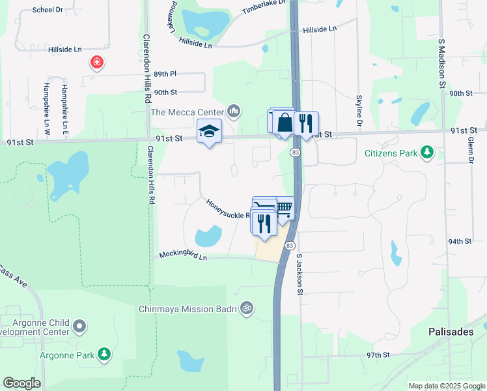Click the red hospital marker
pyautogui.click(x=97, y=63)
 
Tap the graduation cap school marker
pyautogui.click(x=209, y=132)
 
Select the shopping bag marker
pyautogui.click(x=285, y=122)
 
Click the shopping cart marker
pyautogui.click(x=283, y=208)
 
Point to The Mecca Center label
pyautogui.click(x=188, y=112)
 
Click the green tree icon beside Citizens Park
pyautogui.click(x=427, y=152)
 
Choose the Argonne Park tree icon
pyautogui.click(x=104, y=355)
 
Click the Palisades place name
pyautogui.click(x=451, y=332)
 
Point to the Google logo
pyautogui.click(x=21, y=383)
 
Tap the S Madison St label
pyautogui.click(x=441, y=63)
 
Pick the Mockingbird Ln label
pyautogui.click(x=183, y=255)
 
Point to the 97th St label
pyautogui.click(x=377, y=355)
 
